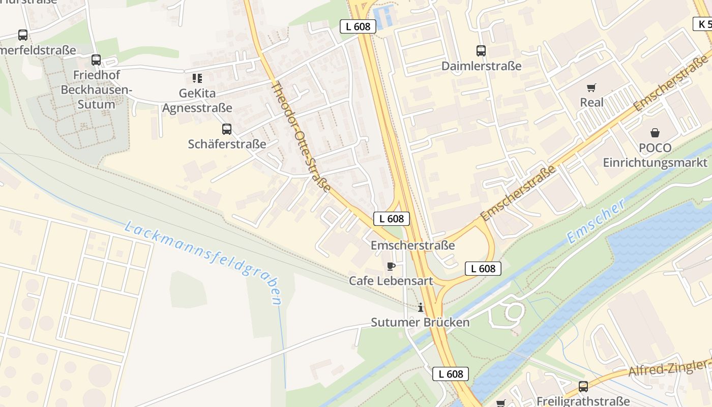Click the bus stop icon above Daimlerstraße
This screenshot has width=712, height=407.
point(481,50)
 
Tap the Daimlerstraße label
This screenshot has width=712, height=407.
point(481,66)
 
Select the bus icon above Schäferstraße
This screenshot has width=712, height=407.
point(227,129)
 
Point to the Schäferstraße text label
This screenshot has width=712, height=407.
point(227,144)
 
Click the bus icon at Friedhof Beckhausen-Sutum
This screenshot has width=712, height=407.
point(96,60)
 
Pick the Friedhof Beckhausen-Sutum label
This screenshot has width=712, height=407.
point(96,90)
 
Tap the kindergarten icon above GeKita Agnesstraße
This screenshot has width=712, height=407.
point(197,78)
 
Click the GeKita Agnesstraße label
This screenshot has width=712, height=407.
point(197,101)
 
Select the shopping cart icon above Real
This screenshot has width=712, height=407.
point(591,88)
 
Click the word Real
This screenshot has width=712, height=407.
point(591,102)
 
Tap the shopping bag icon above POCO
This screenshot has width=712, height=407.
point(655,133)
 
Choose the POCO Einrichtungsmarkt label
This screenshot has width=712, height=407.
point(655,155)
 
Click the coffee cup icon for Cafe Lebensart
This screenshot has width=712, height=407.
point(391,266)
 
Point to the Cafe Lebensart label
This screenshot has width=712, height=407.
point(391,281)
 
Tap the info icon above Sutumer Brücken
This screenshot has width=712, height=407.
point(420,307)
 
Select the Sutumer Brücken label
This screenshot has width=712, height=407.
point(420,323)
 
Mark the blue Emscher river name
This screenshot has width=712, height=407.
point(596,221)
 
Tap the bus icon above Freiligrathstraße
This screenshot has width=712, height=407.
point(583,386)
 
